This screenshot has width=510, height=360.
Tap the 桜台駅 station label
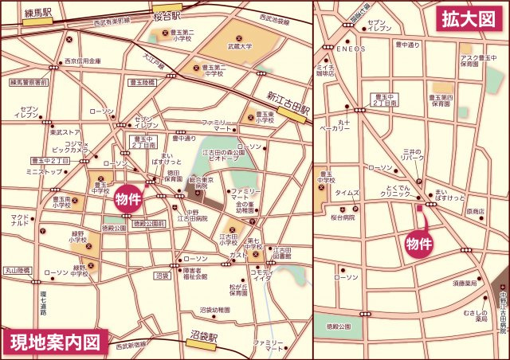click(x=167, y=16)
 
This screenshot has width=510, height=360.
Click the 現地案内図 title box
click(x=56, y=343)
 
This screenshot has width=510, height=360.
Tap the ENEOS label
click(x=351, y=49)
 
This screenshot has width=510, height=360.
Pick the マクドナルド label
click(x=20, y=220)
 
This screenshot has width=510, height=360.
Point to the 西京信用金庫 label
click(x=82, y=61)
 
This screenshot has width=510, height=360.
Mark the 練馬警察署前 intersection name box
click(x=29, y=82)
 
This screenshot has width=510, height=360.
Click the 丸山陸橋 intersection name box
click(x=16, y=270)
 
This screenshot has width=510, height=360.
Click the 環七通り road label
click(x=43, y=303)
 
